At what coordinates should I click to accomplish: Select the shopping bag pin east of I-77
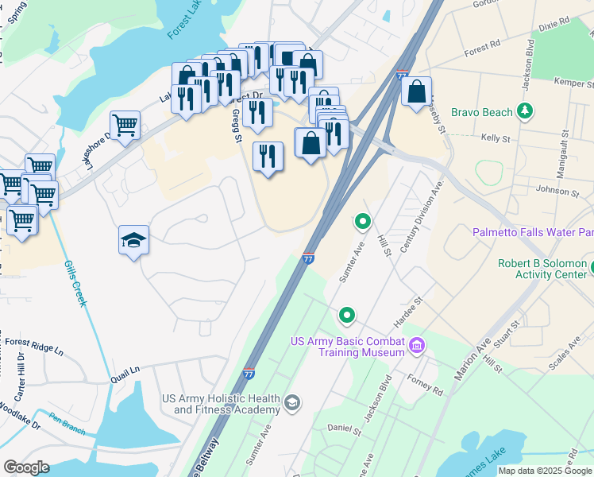[416, 93]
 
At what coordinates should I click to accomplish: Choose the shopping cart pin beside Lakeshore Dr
[125, 126]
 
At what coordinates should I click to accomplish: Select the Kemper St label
[576, 82]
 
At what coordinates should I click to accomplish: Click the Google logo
[26, 467]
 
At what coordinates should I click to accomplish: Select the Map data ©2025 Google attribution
[545, 471]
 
